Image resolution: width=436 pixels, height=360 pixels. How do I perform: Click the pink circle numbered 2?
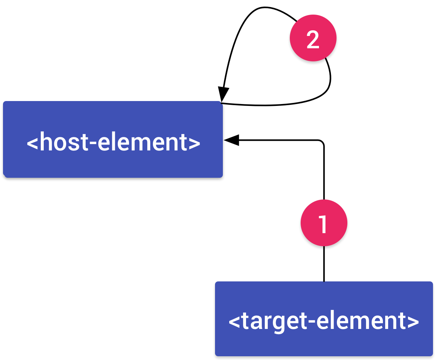click(x=313, y=38)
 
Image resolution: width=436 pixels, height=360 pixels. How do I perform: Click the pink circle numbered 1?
click(x=324, y=223)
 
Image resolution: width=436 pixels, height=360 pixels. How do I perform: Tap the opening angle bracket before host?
click(x=32, y=143)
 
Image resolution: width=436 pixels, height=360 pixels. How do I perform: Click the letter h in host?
click(x=45, y=142)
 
